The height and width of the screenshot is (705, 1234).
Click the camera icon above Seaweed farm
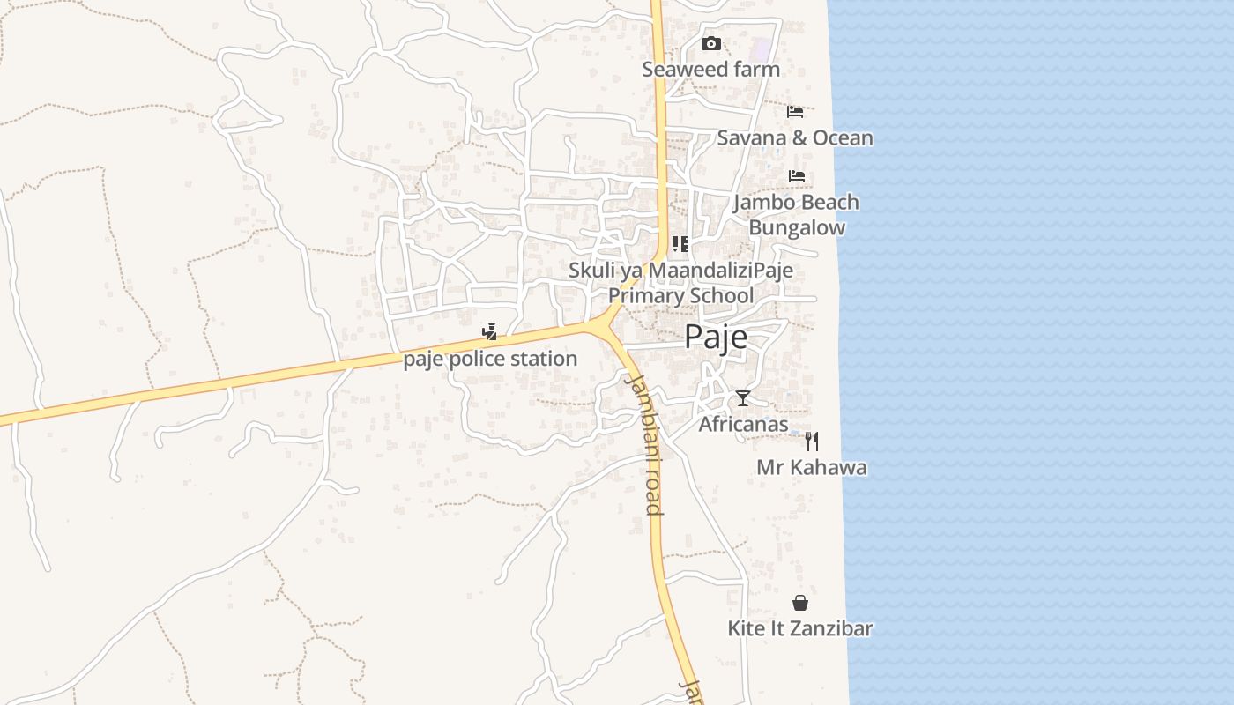coord(710,43)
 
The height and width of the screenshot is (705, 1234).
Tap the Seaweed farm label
coord(710,69)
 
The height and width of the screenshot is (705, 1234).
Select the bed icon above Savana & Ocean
coord(795,112)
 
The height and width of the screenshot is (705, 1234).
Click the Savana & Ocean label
coord(795,137)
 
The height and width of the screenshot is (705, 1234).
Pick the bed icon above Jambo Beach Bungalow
coord(797,176)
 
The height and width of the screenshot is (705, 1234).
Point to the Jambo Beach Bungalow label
coord(797,214)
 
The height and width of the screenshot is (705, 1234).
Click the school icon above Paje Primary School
coord(680,244)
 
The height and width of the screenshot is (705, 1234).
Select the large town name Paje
coord(716,337)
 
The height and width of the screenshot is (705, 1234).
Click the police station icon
coord(489,332)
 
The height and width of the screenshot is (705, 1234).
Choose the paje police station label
coord(490,359)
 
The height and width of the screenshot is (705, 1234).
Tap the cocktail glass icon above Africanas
coord(743,398)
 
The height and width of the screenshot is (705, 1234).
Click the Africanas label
coord(743,424)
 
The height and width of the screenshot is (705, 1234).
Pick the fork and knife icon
coord(812,442)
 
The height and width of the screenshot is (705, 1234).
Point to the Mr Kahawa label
coord(812,467)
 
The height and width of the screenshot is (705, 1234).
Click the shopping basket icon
coord(800,603)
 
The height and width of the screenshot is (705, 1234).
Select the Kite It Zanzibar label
coord(800,628)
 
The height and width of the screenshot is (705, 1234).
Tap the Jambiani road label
coord(644,443)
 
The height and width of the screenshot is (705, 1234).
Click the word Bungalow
coord(797,227)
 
